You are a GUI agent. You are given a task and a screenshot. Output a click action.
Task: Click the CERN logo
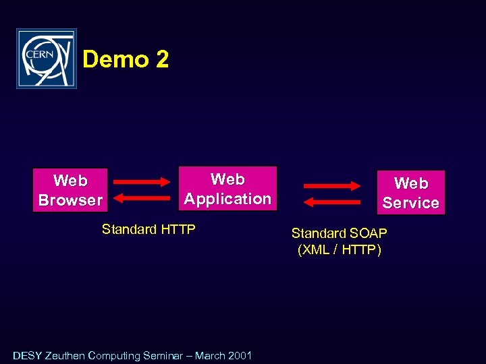[x=47, y=59]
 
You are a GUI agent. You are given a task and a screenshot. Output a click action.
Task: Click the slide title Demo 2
[x=126, y=60]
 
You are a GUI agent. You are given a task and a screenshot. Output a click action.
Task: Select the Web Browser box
[x=70, y=190]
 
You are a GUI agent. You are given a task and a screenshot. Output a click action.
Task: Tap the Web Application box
[x=227, y=189]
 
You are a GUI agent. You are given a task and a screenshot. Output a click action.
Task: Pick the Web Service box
[x=410, y=193]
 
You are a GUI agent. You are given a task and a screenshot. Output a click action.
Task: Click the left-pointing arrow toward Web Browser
[x=142, y=198]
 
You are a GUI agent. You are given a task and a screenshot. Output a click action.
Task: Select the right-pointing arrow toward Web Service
[x=332, y=186]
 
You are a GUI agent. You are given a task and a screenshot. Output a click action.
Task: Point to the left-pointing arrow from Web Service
[x=332, y=202]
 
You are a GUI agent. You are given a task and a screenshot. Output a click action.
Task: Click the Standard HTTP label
[x=148, y=229]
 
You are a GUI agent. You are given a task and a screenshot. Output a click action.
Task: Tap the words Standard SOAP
[x=339, y=233]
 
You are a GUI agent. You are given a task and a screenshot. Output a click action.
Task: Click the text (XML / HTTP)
[x=339, y=250]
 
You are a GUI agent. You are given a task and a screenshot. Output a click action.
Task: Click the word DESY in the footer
[x=27, y=355]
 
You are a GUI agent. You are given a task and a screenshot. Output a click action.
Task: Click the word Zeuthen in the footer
[x=65, y=355]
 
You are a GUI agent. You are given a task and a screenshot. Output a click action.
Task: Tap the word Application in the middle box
[x=227, y=199]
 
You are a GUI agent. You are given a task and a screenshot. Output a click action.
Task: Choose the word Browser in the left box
[x=70, y=200]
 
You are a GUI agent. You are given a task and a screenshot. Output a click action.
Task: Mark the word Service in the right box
[x=410, y=203]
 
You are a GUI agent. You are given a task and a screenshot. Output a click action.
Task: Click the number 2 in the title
[x=161, y=60]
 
